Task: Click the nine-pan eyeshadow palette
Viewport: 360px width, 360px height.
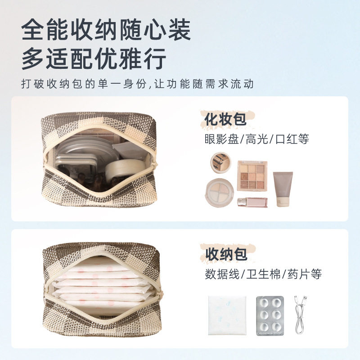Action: click(252, 176)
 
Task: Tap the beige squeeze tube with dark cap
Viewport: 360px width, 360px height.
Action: click(283, 189)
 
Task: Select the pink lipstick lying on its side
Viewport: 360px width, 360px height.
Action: click(252, 202)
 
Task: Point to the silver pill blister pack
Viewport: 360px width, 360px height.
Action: click(270, 315)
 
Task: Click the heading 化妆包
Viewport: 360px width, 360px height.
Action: click(225, 120)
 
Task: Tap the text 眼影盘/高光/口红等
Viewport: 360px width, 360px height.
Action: click(256, 139)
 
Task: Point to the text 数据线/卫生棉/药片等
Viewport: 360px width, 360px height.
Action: click(263, 274)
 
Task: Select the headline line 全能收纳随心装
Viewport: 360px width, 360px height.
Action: click(106, 31)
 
